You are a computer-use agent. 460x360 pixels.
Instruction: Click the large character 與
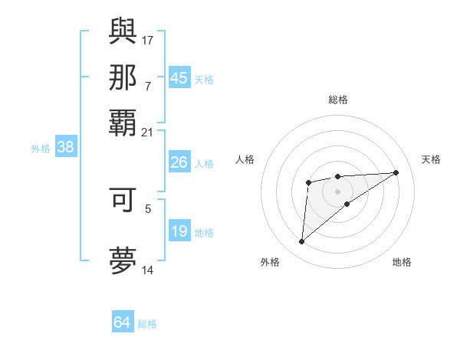[123, 30]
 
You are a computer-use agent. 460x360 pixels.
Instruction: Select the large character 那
[123, 77]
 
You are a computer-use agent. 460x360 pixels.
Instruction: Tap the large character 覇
[123, 123]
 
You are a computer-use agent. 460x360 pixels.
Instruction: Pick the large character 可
[123, 199]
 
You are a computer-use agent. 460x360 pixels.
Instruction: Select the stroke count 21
[148, 133]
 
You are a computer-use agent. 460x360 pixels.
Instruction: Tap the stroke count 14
[148, 270]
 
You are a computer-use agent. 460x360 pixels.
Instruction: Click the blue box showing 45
[179, 78]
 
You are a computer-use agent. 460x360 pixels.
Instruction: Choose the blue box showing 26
[179, 162]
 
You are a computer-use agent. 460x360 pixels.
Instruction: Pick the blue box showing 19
[179, 231]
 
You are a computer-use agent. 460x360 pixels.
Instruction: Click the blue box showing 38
[65, 148]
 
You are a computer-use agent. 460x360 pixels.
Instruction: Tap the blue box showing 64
[123, 322]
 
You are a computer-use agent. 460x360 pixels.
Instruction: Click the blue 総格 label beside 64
[148, 324]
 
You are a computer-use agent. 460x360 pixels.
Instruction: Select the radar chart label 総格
[338, 100]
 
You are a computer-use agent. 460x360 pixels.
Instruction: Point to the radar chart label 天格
[431, 159]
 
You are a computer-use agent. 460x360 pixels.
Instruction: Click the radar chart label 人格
[245, 159]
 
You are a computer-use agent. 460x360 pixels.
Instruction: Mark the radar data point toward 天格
[396, 172]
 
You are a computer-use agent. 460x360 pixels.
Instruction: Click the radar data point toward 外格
[302, 242]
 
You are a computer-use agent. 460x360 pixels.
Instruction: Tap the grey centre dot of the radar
[338, 191]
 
